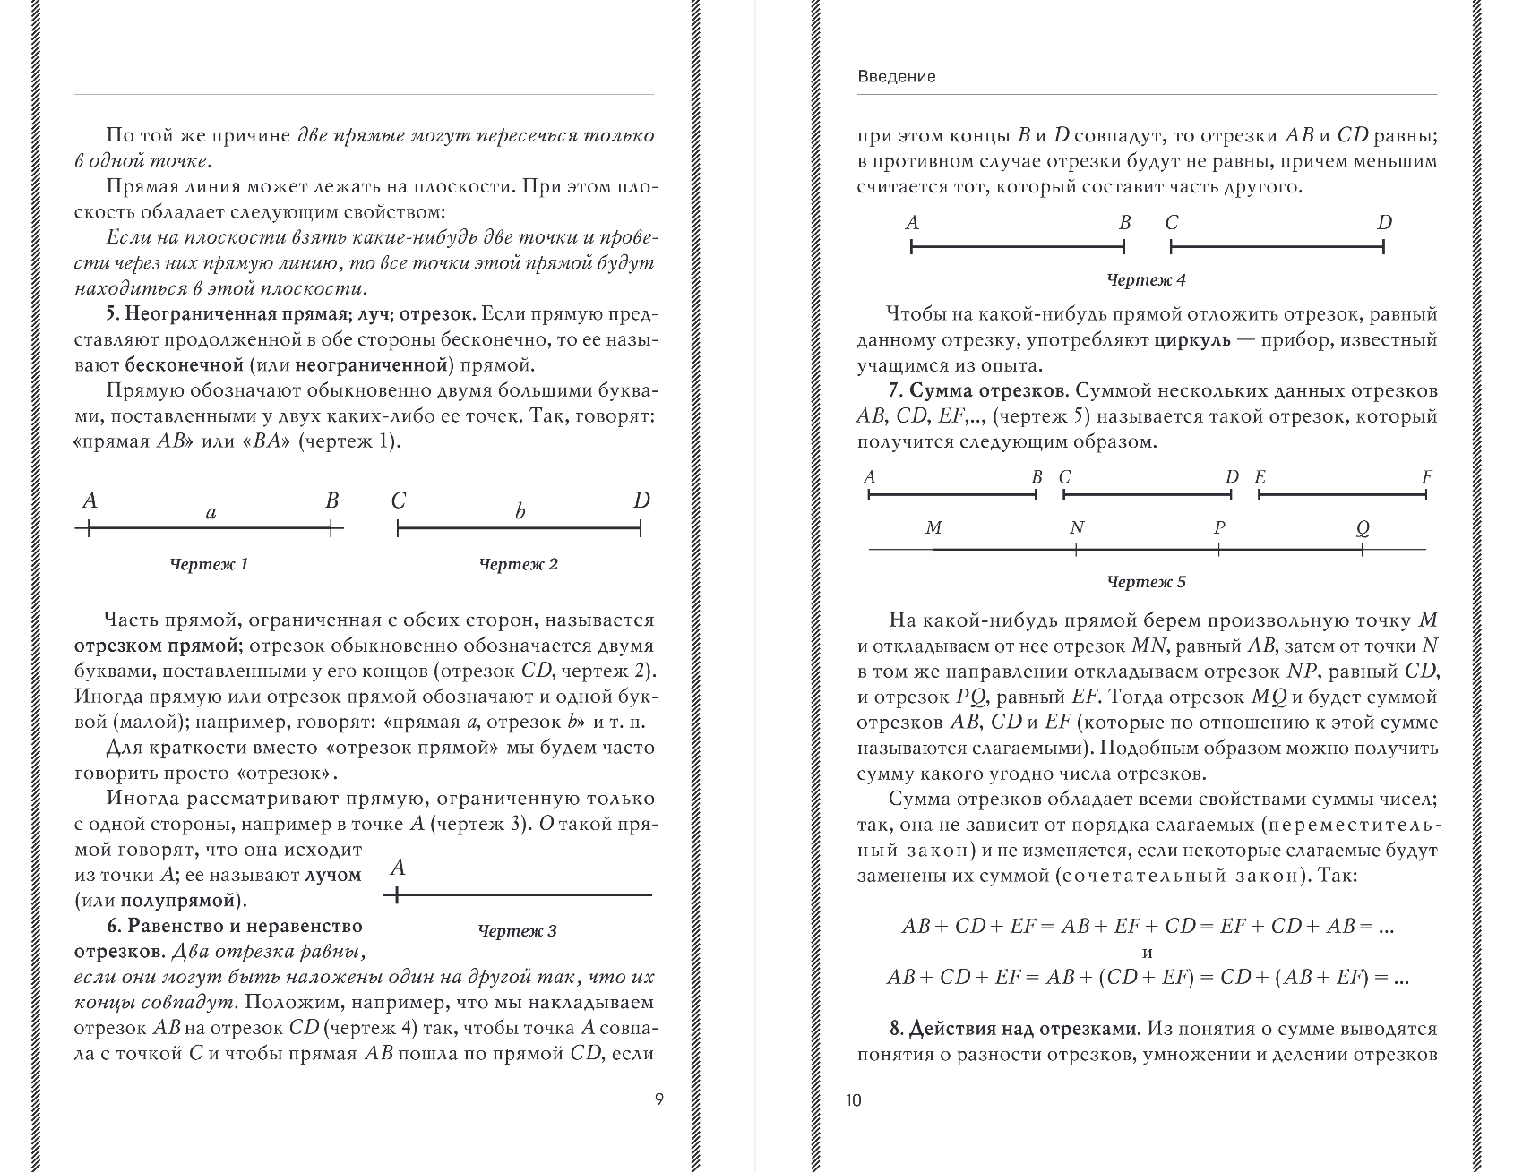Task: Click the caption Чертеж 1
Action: click(x=209, y=564)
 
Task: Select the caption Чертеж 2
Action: click(x=519, y=564)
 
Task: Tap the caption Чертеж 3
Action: click(x=518, y=931)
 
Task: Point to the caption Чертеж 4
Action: click(x=1147, y=280)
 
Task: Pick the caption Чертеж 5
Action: click(x=1147, y=582)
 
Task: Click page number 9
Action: click(x=659, y=1099)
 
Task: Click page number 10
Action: click(x=853, y=1099)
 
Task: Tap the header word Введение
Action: click(x=897, y=77)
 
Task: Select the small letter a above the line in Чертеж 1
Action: click(x=211, y=513)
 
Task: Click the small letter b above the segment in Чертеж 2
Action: click(x=520, y=512)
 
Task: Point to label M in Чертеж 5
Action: click(x=933, y=528)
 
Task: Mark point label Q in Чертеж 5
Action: click(x=1363, y=528)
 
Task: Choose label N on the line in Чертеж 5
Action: click(x=1077, y=528)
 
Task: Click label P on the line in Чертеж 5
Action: click(x=1219, y=528)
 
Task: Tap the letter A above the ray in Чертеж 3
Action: click(x=399, y=868)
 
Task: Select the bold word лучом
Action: click(x=333, y=875)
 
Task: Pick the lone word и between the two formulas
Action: click(x=1148, y=952)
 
